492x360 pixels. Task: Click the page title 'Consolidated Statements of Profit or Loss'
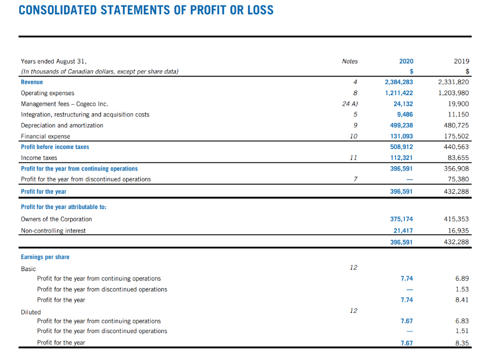pyautogui.click(x=146, y=10)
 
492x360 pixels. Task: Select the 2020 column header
pyautogui.click(x=406, y=61)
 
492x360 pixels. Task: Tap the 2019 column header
pyautogui.click(x=461, y=61)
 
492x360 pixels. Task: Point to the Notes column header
pyautogui.click(x=350, y=61)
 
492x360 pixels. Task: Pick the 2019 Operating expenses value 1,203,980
pyautogui.click(x=454, y=93)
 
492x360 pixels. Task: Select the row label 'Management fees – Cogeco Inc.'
pyautogui.click(x=64, y=104)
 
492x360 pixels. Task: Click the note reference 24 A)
pyautogui.click(x=350, y=104)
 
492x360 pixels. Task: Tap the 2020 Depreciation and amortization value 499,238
pyautogui.click(x=402, y=125)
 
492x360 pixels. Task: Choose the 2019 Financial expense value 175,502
pyautogui.click(x=457, y=136)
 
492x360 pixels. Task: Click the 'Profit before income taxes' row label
pyautogui.click(x=55, y=147)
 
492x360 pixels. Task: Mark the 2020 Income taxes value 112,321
pyautogui.click(x=402, y=158)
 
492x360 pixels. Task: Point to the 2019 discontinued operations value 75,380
pyautogui.click(x=459, y=179)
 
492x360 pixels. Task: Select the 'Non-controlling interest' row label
pyautogui.click(x=53, y=231)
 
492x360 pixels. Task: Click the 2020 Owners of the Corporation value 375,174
pyautogui.click(x=402, y=219)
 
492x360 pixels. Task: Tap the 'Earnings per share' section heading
pyautogui.click(x=45, y=257)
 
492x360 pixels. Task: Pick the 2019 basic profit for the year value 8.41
pyautogui.click(x=462, y=300)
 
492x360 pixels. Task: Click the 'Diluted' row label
pyautogui.click(x=31, y=312)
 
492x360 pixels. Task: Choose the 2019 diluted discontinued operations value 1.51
pyautogui.click(x=462, y=331)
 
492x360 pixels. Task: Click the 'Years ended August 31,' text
pyautogui.click(x=54, y=61)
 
